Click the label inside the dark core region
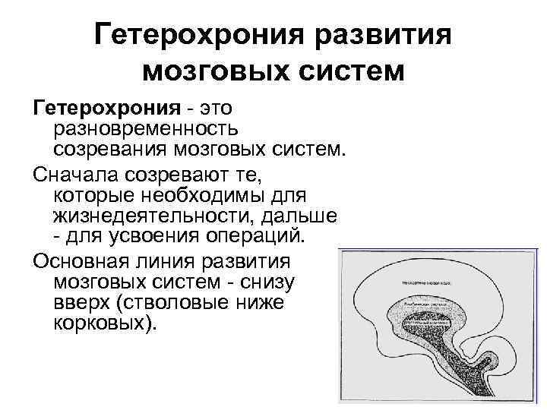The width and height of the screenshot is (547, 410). pyautogui.click(x=425, y=321)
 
